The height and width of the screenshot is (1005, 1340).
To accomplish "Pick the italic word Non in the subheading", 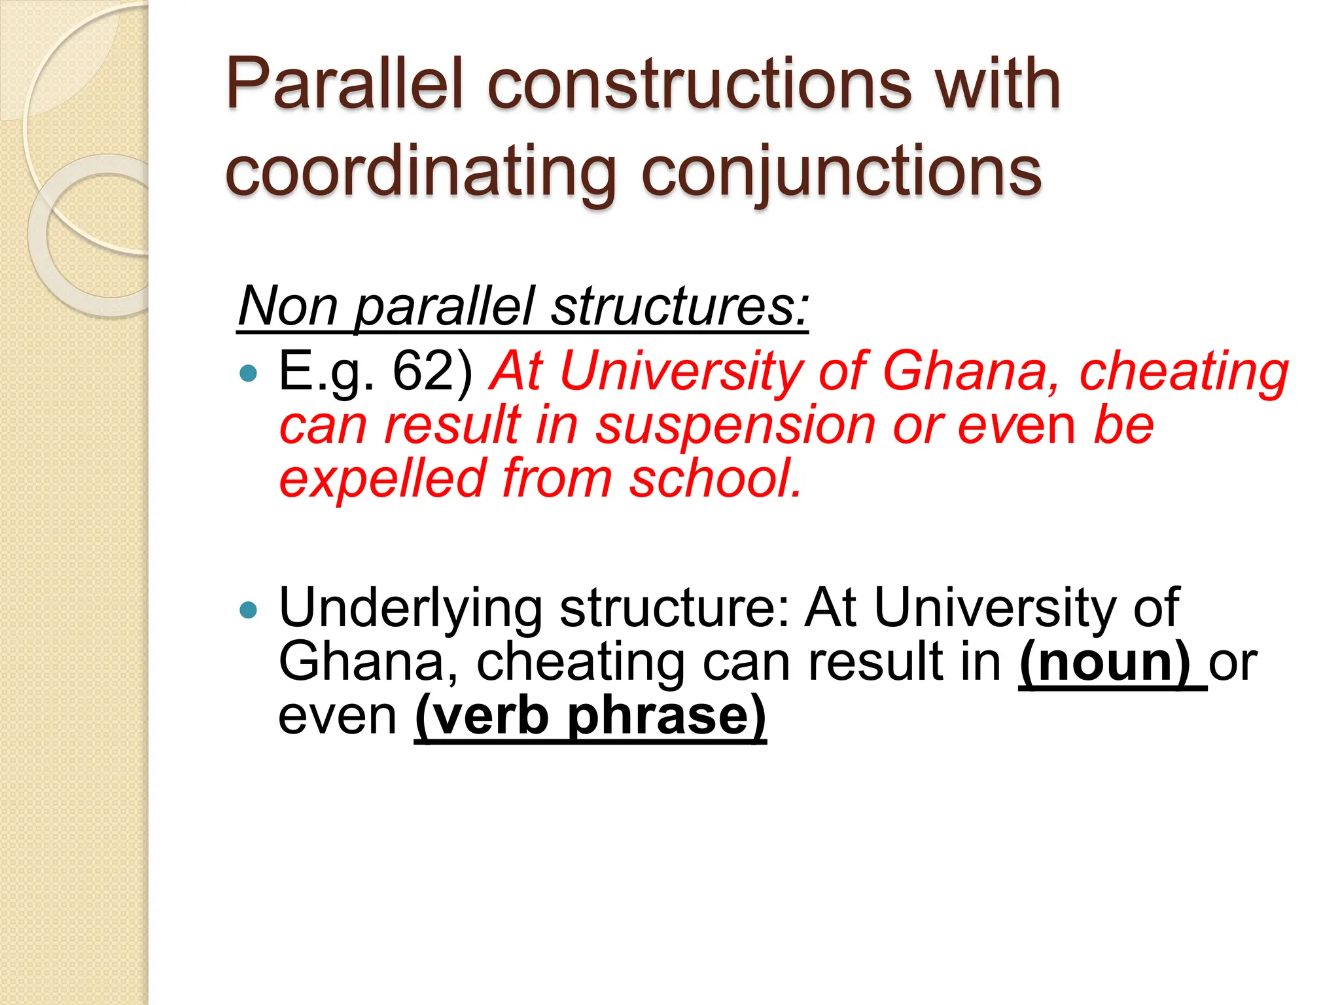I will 288,306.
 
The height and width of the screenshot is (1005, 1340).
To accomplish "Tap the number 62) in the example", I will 432,371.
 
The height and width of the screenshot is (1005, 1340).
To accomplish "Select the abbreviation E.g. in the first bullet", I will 326,372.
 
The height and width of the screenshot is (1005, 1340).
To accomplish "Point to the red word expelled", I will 383,479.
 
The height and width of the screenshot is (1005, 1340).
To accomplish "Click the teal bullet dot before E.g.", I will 249,374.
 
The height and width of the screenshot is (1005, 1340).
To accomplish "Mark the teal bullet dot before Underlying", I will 249,610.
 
